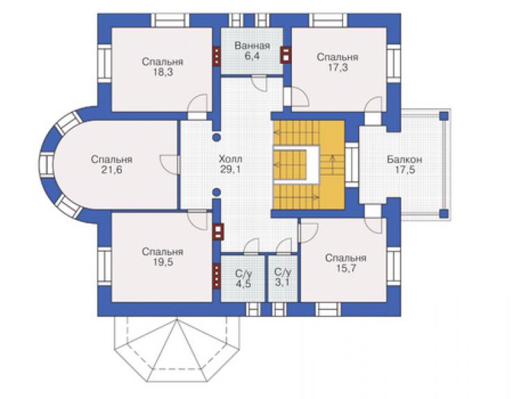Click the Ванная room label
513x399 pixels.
(x=252, y=46)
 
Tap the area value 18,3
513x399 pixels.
(x=163, y=72)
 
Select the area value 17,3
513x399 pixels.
(x=338, y=67)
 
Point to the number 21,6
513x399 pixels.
(x=112, y=170)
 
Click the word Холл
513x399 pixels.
(x=230, y=159)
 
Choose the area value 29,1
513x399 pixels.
(x=230, y=170)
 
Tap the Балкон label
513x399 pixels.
(x=404, y=160)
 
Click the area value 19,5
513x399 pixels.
(x=163, y=262)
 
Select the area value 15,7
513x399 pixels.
(x=346, y=269)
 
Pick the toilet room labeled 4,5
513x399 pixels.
(x=243, y=278)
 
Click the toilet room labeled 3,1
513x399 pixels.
(x=282, y=278)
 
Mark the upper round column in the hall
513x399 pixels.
(x=216, y=137)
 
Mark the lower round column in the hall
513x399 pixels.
(x=216, y=192)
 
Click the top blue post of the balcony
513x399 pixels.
(x=443, y=116)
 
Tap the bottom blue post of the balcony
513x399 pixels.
(x=443, y=214)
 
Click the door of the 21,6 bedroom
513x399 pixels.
(x=170, y=164)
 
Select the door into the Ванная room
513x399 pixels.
(x=261, y=84)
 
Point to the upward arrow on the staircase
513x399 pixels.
(x=333, y=164)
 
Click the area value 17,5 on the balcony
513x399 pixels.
(x=405, y=170)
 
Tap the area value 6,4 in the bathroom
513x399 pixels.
(x=252, y=56)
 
